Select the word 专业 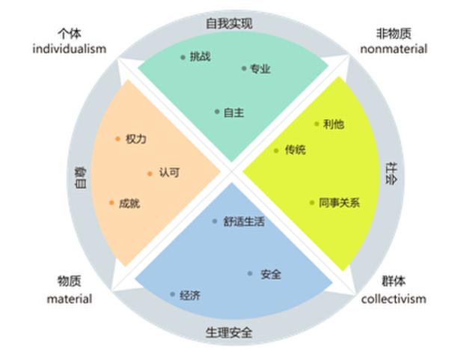point(260,69)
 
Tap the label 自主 point(233,112)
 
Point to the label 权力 point(135,139)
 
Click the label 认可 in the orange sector point(168,173)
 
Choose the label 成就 point(129,203)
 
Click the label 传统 point(295,150)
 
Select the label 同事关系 point(339,202)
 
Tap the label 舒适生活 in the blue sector point(244,222)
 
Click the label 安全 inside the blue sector point(271,274)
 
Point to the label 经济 point(190,295)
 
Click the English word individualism point(70,49)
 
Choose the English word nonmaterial point(394,49)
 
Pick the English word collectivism point(394,299)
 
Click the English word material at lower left point(70,299)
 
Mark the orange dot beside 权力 point(118,138)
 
